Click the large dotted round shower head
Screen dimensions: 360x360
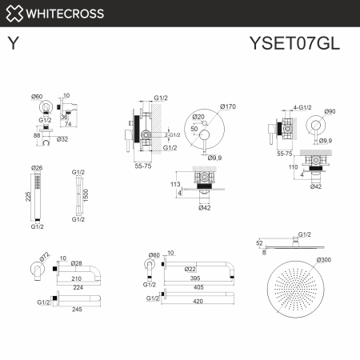(299, 296)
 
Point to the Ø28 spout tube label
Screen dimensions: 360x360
(77, 262)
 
